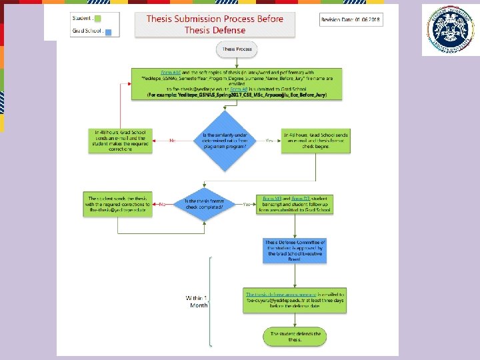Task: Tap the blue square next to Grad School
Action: pos(108,31)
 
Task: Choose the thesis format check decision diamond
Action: pos(203,204)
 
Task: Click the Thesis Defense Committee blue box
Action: pos(295,250)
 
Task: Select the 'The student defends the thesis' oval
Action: pos(295,337)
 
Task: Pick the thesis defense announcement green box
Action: pos(295,298)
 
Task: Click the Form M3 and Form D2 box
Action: pos(294,204)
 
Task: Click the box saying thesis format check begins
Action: pos(315,141)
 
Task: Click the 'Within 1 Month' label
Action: pos(197,301)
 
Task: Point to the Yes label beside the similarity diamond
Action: pos(269,141)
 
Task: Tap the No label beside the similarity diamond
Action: pos(171,141)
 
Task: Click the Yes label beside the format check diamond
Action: pos(246,204)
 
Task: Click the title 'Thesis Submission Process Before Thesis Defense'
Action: pos(215,25)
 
